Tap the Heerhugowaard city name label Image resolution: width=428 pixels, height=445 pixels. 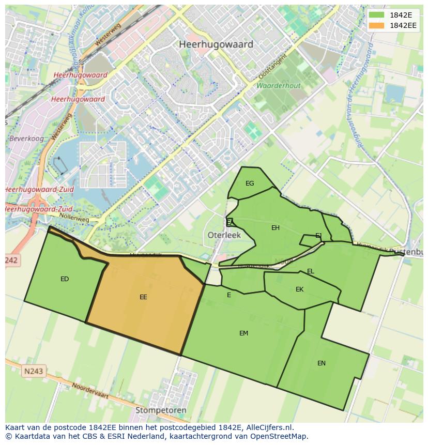tap(216, 44)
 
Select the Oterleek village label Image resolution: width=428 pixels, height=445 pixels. tap(224, 235)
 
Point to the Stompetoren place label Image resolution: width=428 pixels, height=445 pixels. tap(160, 410)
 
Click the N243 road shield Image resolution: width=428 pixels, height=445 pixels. tap(34, 371)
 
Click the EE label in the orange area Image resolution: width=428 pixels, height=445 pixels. tap(143, 297)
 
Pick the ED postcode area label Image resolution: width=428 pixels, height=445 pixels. tap(65, 279)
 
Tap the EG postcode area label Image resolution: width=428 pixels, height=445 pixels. tap(250, 183)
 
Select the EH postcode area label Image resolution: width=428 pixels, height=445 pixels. tap(276, 228)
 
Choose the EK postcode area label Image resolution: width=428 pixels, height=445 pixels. tap(299, 289)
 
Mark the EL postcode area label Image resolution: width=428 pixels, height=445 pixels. tap(311, 271)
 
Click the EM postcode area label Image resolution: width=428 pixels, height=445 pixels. tap(243, 333)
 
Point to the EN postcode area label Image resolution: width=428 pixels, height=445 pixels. tap(322, 363)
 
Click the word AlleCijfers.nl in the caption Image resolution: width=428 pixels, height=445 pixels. tap(268, 427)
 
